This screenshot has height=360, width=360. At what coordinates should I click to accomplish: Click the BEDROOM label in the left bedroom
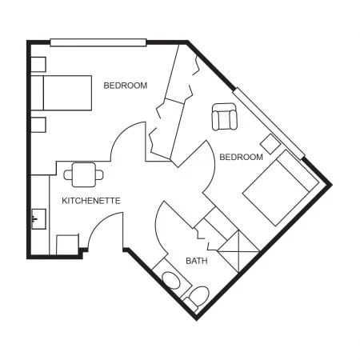pyautogui.click(x=125, y=85)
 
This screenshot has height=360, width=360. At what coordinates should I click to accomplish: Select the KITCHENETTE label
pyautogui.click(x=90, y=200)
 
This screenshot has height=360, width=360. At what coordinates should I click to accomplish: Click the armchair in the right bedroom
pyautogui.click(x=225, y=118)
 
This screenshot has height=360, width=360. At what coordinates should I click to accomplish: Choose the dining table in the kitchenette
pyautogui.click(x=83, y=172)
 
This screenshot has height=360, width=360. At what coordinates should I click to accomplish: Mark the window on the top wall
pyautogui.click(x=98, y=42)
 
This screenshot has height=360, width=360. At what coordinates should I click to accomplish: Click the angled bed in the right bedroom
pyautogui.click(x=277, y=190)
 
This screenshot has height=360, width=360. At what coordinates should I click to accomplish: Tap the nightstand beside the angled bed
pyautogui.click(x=270, y=145)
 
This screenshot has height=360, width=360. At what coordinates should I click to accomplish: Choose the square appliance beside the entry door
pyautogui.click(x=68, y=244)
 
